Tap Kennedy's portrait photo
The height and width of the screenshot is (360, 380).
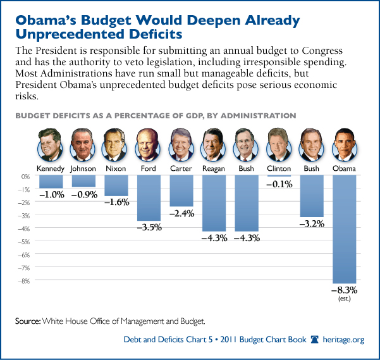tap(51, 147)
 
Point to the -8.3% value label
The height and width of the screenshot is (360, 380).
tap(345, 290)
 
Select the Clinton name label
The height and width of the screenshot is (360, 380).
tap(279, 169)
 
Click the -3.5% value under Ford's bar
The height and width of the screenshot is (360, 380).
tap(149, 227)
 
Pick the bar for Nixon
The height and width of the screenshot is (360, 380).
tap(116, 185)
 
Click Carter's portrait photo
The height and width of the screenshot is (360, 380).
tap(181, 147)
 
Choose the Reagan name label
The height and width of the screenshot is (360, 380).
tap(214, 169)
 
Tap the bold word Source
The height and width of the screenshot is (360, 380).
tap(28, 321)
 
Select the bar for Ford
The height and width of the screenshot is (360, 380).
tap(149, 198)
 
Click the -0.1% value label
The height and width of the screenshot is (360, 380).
tap(279, 184)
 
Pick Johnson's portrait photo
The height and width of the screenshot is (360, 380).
tap(83, 147)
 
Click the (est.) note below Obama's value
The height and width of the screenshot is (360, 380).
tap(345, 300)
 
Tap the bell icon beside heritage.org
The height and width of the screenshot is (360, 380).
tap(316, 340)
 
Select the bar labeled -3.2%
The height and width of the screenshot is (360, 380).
tap(312, 196)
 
